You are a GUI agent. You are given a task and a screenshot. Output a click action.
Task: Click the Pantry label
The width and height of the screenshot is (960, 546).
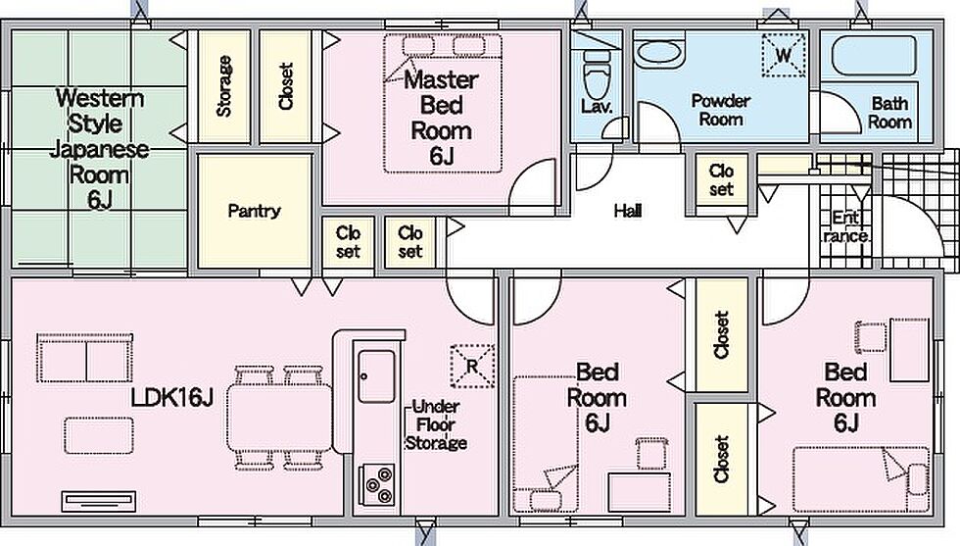point(254,212)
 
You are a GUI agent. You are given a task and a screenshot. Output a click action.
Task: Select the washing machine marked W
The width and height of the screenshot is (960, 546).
point(783,55)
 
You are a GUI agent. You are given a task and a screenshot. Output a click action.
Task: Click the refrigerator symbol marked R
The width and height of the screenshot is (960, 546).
point(472,366)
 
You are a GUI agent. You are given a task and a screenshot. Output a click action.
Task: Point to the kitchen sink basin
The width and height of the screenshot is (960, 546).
point(376,376)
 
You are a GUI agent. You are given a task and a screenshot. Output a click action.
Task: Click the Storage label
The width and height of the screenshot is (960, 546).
point(224,86)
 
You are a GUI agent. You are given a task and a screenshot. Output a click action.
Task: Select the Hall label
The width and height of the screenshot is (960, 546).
point(628,212)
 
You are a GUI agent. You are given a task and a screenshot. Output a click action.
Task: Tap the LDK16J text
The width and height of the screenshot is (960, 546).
point(171,398)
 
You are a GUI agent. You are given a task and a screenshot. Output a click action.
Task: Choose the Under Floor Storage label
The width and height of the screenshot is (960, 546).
point(436,424)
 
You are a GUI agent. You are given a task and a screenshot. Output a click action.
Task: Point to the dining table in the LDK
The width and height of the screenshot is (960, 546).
point(280,419)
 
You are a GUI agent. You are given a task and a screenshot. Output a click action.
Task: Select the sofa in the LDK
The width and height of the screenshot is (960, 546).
point(84,358)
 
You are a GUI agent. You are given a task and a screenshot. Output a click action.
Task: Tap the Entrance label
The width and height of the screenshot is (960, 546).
point(846,227)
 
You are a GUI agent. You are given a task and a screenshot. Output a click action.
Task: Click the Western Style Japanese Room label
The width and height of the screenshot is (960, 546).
point(99,149)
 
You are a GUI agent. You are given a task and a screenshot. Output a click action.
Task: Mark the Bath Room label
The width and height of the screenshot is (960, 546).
point(890,112)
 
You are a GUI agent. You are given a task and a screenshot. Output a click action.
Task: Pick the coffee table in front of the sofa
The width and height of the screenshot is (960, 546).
point(99,435)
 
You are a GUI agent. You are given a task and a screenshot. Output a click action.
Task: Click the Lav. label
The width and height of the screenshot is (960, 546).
point(597,107)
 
